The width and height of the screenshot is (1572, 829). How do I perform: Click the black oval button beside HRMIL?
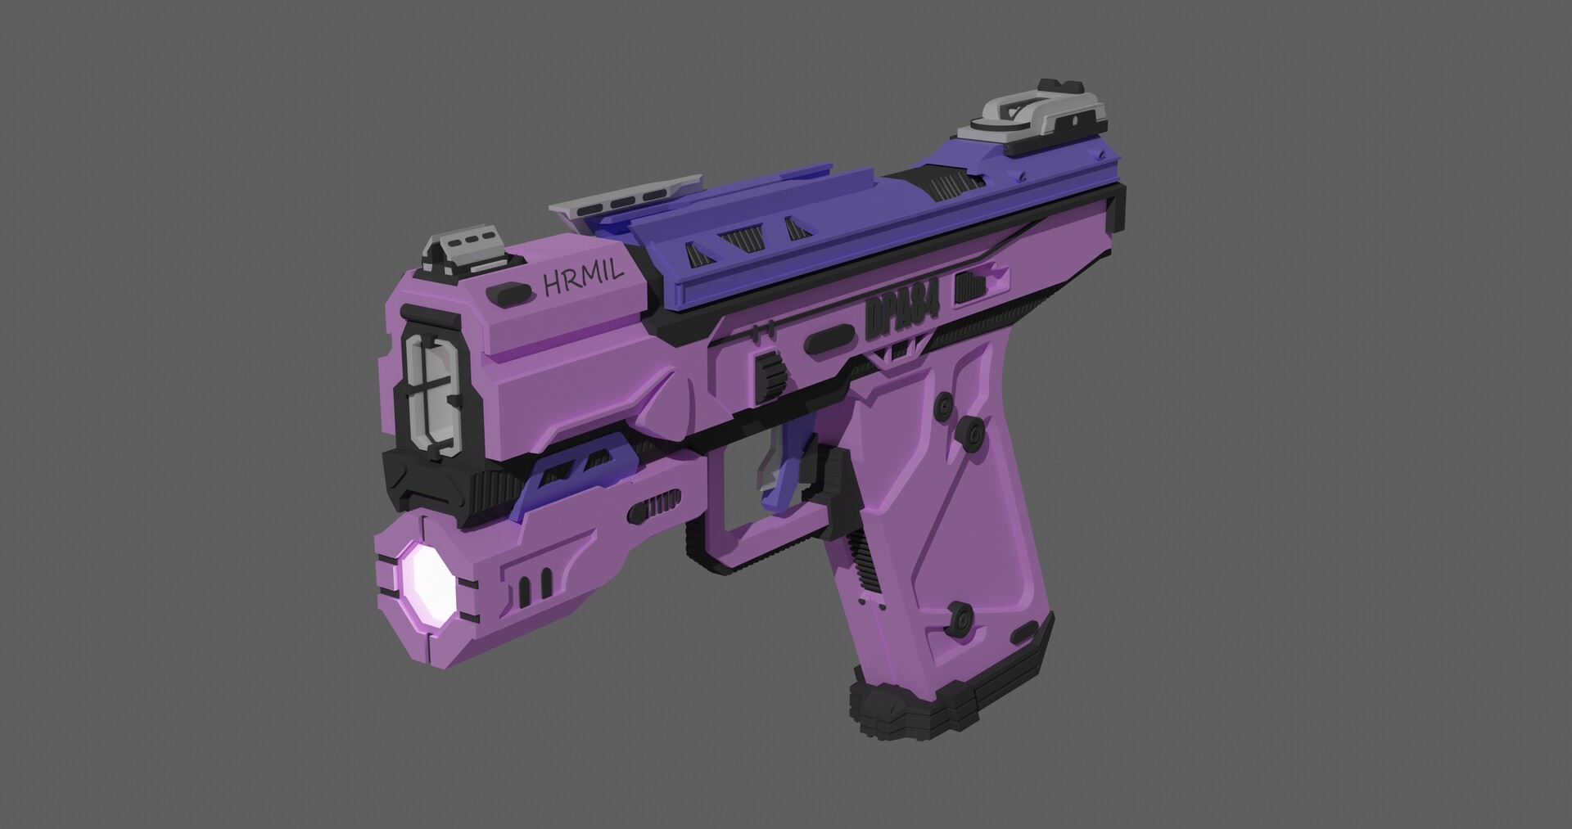pyautogui.click(x=507, y=292)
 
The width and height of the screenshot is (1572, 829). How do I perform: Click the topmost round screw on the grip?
pyautogui.click(x=946, y=404)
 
